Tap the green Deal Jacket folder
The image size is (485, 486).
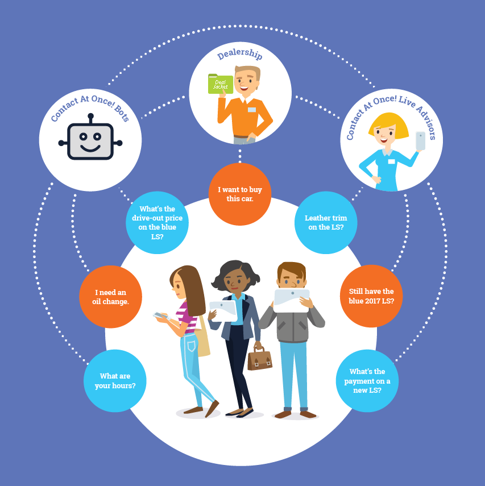point(220,84)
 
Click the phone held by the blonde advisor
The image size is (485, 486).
point(420,140)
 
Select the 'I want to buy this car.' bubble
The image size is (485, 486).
point(240,194)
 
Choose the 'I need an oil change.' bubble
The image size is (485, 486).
point(110,297)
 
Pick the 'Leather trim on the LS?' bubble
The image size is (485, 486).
point(326,222)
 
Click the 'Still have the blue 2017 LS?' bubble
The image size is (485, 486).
point(371,296)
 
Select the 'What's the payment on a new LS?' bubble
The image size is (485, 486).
point(367,381)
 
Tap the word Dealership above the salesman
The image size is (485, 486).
point(239,55)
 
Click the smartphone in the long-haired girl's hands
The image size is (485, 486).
point(160,315)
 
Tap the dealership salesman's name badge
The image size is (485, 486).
point(251,110)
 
